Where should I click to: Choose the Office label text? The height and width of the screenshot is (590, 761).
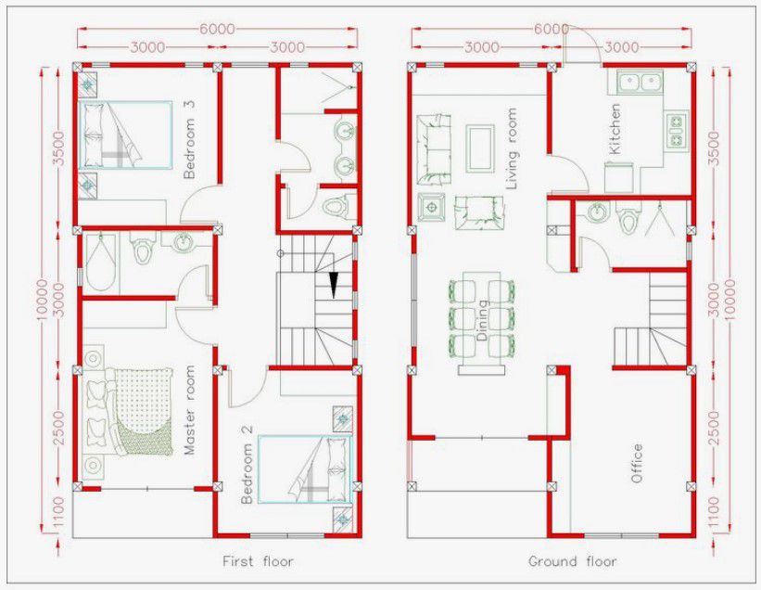coord(637,464)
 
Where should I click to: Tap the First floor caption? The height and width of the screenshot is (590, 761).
coord(258,561)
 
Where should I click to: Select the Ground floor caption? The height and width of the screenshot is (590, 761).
coord(572,561)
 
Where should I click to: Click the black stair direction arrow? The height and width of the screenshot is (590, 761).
coord(333,285)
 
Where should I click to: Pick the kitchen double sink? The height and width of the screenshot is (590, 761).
coord(639,83)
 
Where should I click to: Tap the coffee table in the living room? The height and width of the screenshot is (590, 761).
coord(479,147)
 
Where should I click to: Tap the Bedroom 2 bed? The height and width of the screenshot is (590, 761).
coord(307,466)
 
